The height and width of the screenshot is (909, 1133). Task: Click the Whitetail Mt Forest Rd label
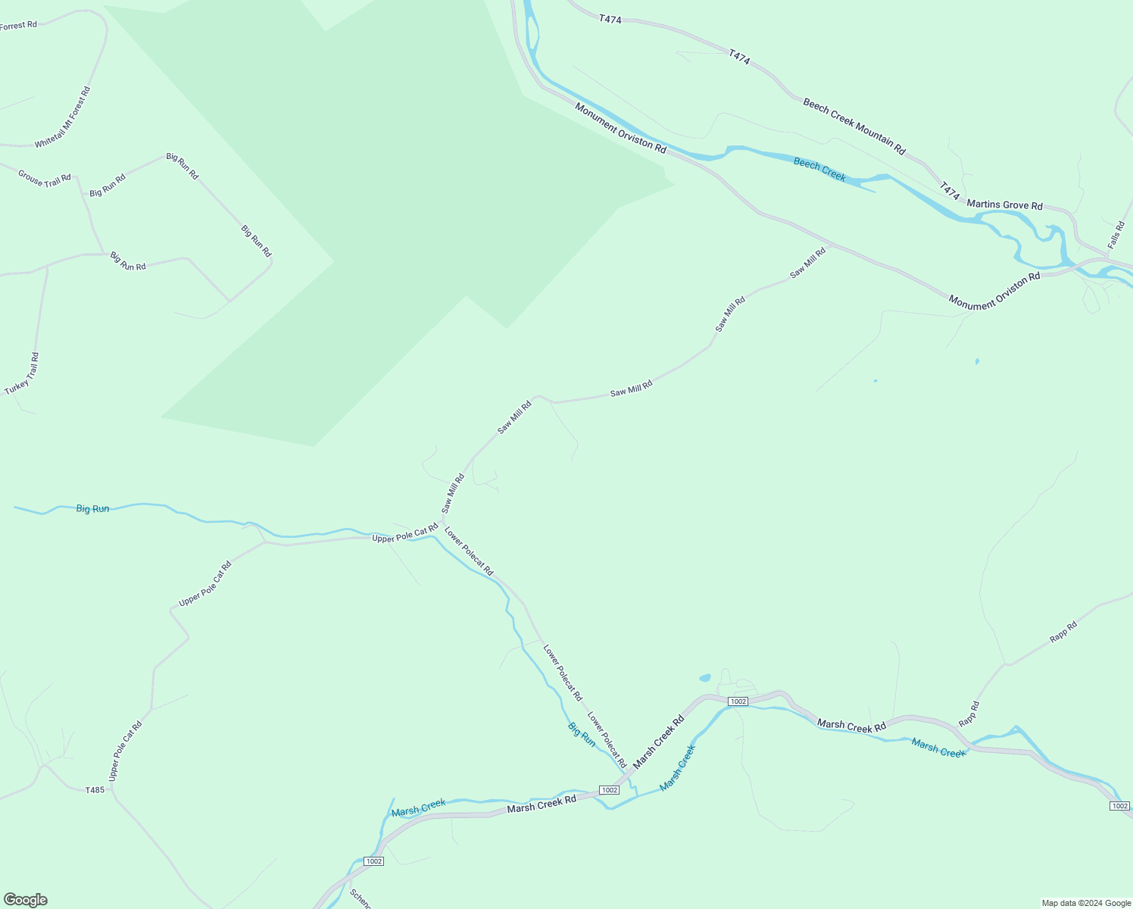coord(63,117)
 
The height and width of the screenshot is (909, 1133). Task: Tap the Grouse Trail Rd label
coord(45,179)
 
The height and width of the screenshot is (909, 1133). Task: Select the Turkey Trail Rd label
coord(22,373)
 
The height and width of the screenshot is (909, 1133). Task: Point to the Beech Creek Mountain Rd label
coord(854,127)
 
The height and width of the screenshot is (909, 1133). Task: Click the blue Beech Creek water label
coord(819,169)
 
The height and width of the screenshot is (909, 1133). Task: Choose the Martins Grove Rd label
coord(1004,205)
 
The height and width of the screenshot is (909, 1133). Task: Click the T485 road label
coord(95,790)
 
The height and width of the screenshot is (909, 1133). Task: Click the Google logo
coord(25,900)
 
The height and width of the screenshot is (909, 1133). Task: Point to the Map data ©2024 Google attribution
coord(1086,903)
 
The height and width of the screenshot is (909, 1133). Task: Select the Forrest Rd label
coord(18,26)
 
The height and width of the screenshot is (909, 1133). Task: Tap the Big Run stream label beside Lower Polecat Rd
coord(582,734)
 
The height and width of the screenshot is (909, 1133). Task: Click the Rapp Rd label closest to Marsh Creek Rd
coord(969,714)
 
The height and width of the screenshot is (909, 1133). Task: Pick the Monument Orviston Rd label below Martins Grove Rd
coord(994,292)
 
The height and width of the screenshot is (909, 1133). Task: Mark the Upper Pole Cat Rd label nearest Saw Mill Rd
coord(404,533)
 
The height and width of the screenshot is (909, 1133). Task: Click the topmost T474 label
coord(610,19)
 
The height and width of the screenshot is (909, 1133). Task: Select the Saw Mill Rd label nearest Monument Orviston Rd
coord(807,263)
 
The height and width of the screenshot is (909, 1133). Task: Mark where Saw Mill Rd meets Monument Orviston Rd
coord(832,245)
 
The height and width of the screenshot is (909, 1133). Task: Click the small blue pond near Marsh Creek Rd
coord(705,677)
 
